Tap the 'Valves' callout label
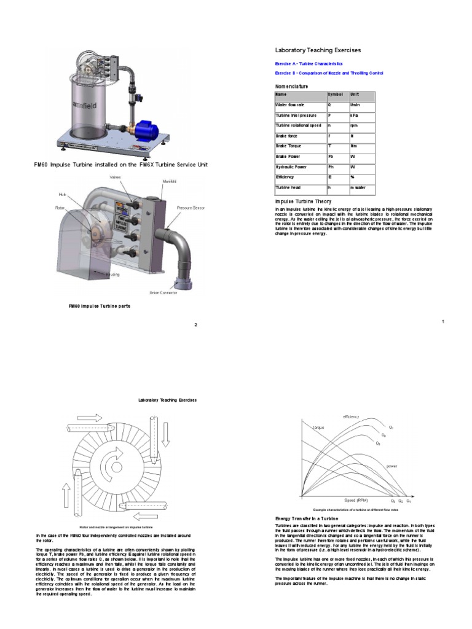[x=116, y=178]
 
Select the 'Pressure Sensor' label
[x=191, y=208]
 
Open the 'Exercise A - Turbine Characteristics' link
[x=308, y=64]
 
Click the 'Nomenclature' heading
[x=291, y=87]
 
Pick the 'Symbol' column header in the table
[x=335, y=95]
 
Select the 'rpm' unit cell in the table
[x=355, y=125]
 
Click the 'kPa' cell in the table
[x=355, y=115]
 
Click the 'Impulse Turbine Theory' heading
[x=303, y=201]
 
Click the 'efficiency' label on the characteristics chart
[x=351, y=417]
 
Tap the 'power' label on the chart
[x=391, y=466]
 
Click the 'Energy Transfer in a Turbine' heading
[x=306, y=519]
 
